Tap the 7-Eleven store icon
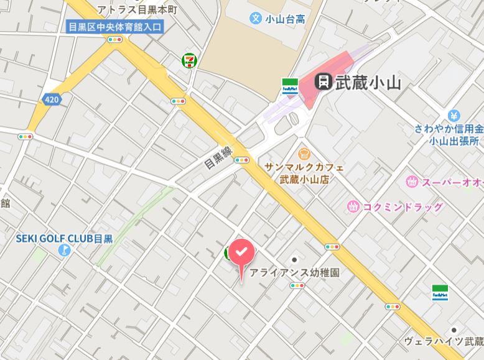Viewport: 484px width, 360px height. pos(189,60)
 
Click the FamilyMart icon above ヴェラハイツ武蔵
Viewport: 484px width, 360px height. pos(440,293)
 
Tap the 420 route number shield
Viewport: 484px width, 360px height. pos(52,99)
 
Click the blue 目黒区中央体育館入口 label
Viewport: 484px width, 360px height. pos(113,26)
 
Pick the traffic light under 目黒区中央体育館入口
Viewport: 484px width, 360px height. pos(114,39)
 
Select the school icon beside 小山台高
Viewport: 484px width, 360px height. pos(255,18)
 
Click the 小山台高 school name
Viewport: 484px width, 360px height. pos(285,19)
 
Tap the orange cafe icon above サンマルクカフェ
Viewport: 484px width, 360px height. pos(304,153)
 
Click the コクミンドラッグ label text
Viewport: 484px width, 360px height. pos(403,206)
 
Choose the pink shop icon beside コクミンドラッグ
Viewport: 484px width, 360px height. pos(353,206)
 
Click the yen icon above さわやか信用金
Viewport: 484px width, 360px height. pos(454,116)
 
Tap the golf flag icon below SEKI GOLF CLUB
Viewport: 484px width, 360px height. pos(63,251)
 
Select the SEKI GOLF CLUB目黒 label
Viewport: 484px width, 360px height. pos(64,238)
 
